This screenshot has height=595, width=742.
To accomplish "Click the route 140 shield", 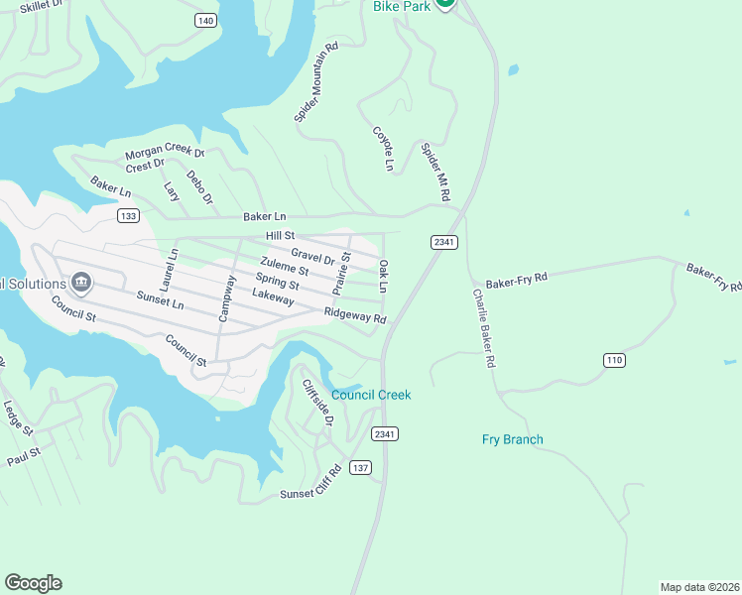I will [x=205, y=21].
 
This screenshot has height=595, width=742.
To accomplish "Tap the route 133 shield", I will [x=127, y=215].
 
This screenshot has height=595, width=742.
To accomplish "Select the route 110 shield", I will [x=614, y=360].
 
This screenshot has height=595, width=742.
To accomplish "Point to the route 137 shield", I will [x=360, y=468].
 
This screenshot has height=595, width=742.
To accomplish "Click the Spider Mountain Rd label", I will [x=316, y=82].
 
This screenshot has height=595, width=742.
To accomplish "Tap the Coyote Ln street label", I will [x=383, y=149].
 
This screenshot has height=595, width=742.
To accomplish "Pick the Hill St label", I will [x=281, y=235].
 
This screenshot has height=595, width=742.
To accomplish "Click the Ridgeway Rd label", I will [x=354, y=315].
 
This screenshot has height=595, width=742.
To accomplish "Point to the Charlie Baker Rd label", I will [x=482, y=328].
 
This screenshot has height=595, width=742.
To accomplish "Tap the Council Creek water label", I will [x=371, y=395].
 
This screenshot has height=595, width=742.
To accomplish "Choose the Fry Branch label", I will [x=512, y=439].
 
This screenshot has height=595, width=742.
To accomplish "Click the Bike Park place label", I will [x=401, y=6].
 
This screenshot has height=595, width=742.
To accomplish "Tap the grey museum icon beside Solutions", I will [x=82, y=284].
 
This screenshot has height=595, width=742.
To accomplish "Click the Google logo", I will [x=33, y=583].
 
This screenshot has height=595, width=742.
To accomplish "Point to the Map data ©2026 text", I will [x=699, y=586].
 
